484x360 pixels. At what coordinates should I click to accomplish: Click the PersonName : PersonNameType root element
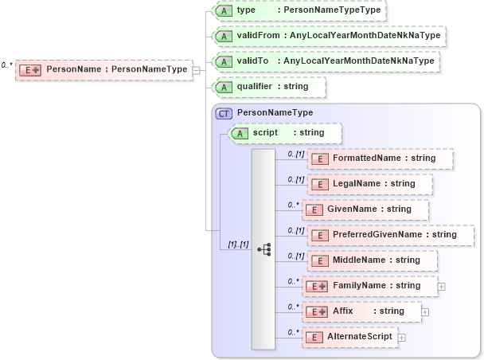pyautogui.click(x=103, y=70)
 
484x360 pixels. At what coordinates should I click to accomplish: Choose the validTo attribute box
pyautogui.click(x=326, y=61)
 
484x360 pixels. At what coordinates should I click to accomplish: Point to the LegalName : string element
pyautogui.click(x=370, y=184)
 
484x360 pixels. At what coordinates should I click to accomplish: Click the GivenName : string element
pyautogui.click(x=367, y=209)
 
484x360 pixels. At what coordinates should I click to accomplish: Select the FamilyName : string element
pyautogui.click(x=369, y=286)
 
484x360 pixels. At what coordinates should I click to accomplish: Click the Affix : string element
pyautogui.click(x=362, y=311)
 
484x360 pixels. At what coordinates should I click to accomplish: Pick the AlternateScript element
pyautogui.click(x=349, y=337)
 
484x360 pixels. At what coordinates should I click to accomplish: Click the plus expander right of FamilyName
pyautogui.click(x=441, y=286)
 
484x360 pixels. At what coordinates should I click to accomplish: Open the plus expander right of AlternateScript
pyautogui.click(x=401, y=338)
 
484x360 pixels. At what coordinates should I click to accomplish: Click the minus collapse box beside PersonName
pyautogui.click(x=196, y=70)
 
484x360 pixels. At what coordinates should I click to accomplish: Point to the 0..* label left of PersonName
pyautogui.click(x=7, y=65)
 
